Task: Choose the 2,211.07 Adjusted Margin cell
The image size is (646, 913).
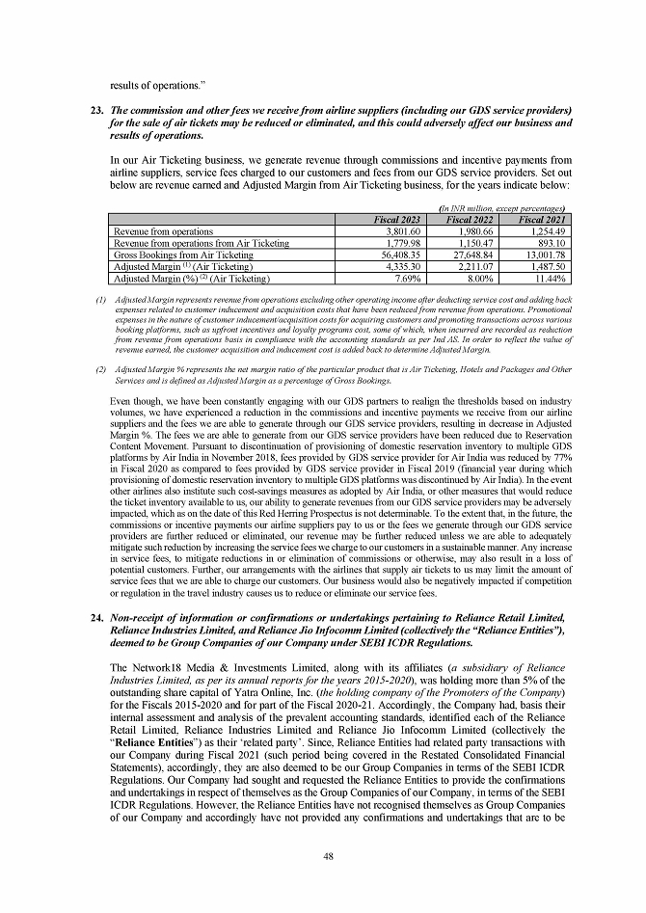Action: pos(473,266)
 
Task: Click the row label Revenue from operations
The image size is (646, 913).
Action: pos(163,232)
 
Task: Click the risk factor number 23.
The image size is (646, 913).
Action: pos(95,99)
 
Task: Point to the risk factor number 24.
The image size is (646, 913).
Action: pos(95,615)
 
